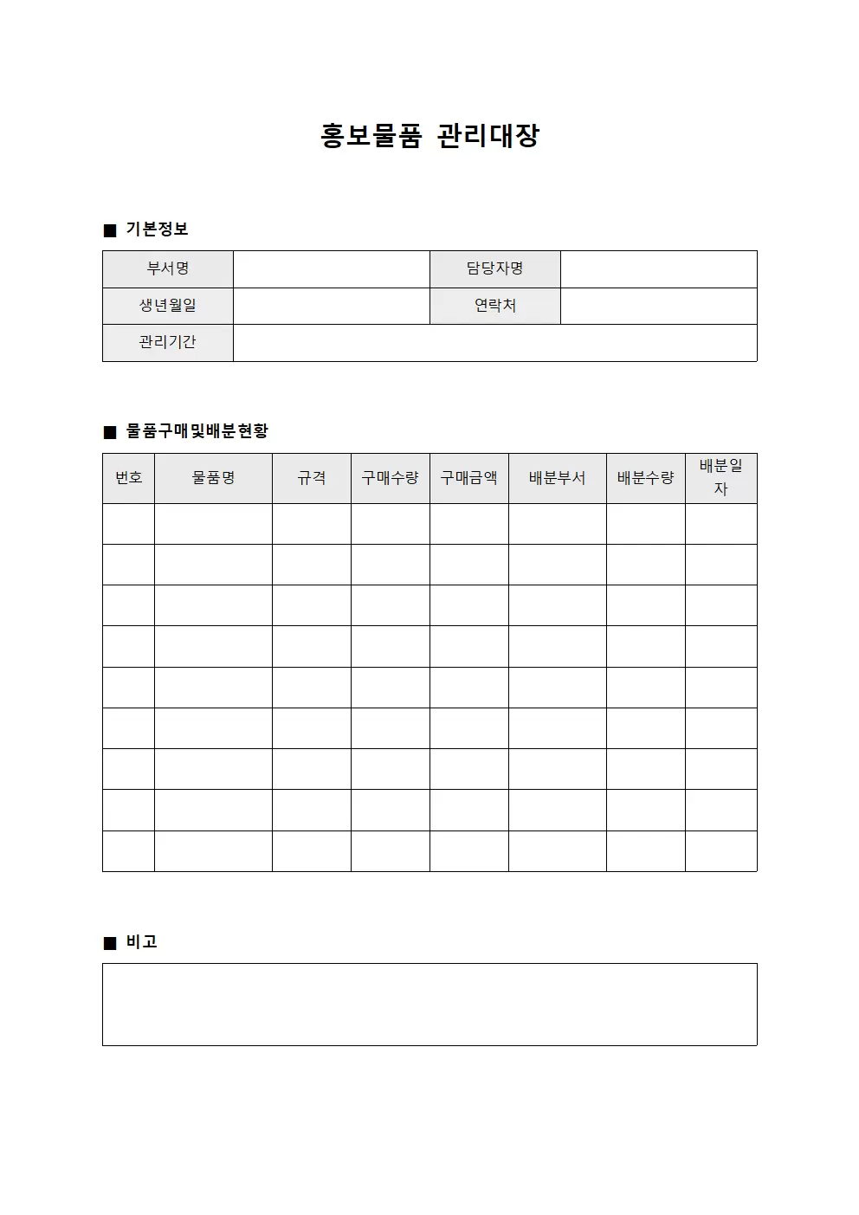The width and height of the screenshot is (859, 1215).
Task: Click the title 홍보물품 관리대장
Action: pos(429,136)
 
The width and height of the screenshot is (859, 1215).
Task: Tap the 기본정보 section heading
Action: pos(157,229)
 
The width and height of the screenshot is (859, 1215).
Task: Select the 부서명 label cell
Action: pos(168,269)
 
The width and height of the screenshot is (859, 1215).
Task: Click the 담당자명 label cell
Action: pos(494,269)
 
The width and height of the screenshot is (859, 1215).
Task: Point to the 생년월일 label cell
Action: pos(168,306)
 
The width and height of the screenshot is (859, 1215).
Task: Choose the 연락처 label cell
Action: pos(494,306)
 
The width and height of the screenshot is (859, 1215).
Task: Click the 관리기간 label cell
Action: pos(168,343)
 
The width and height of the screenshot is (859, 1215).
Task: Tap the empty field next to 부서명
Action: pos(331,269)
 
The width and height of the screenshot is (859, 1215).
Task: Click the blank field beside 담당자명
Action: pos(658,269)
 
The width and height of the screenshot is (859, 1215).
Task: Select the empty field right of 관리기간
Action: pos(494,343)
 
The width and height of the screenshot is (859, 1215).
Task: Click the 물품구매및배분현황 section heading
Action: pos(197,431)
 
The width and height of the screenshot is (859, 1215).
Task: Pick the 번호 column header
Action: pos(129,478)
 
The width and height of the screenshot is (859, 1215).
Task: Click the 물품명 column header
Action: pos(213,478)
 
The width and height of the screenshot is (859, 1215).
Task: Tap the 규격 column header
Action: pos(312,478)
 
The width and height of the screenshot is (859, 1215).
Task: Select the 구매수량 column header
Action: pos(390,478)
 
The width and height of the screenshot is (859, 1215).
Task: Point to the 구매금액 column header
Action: pos(468,478)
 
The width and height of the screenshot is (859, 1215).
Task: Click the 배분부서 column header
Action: pos(557,478)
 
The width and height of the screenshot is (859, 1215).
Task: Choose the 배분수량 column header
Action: pos(645,478)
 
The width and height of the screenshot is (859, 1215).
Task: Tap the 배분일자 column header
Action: pos(720,477)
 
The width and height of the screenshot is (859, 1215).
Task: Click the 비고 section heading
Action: pos(141,942)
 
